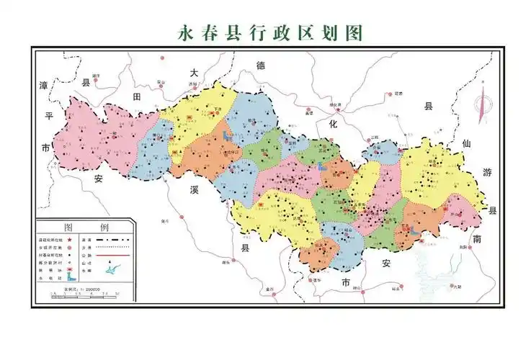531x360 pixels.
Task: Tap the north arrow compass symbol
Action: click(x=481, y=104)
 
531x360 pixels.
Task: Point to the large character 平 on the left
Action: click(x=48, y=116)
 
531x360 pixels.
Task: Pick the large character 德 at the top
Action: click(x=261, y=66)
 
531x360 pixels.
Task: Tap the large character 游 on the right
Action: click(x=486, y=173)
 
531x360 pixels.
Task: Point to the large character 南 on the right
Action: click(x=476, y=240)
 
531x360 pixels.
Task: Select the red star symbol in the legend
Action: click(x=71, y=238)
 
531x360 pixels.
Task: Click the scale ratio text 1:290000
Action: click(x=82, y=288)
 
